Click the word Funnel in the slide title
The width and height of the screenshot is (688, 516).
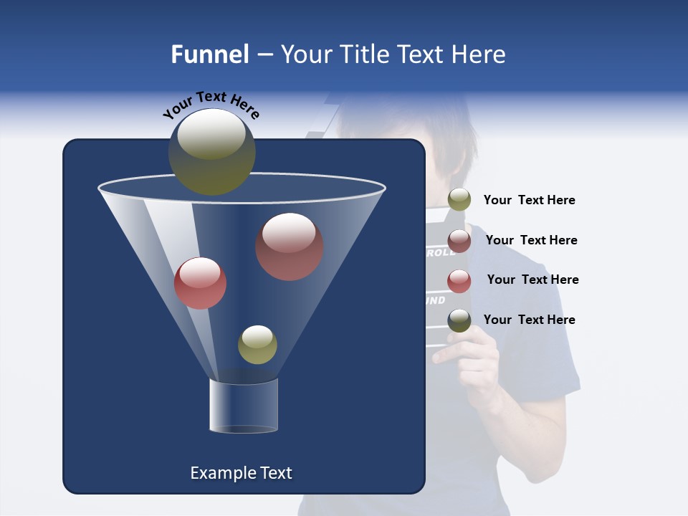[209, 54]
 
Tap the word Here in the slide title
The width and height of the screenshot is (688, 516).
[478, 54]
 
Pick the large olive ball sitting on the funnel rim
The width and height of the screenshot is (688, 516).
[211, 152]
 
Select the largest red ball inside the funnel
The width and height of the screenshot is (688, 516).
[289, 247]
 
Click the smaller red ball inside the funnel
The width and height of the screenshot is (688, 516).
[200, 283]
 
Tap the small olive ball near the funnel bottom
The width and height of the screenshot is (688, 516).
[257, 345]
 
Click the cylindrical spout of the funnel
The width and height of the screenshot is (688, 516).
[244, 406]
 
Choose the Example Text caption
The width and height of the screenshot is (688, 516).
[241, 473]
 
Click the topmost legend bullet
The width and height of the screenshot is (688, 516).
[459, 200]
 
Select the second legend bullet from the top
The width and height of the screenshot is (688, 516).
[459, 241]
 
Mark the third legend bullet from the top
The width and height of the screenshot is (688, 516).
[459, 281]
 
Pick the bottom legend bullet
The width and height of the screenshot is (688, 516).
[459, 320]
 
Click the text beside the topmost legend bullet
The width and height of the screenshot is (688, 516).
[529, 200]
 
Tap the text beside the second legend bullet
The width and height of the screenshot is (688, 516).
[531, 240]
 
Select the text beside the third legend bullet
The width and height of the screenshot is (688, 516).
[532, 279]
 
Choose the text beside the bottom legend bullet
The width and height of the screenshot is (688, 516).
[529, 320]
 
